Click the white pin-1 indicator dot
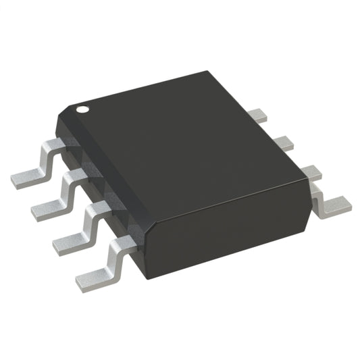click(82, 107)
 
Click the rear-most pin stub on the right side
click(257, 115)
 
